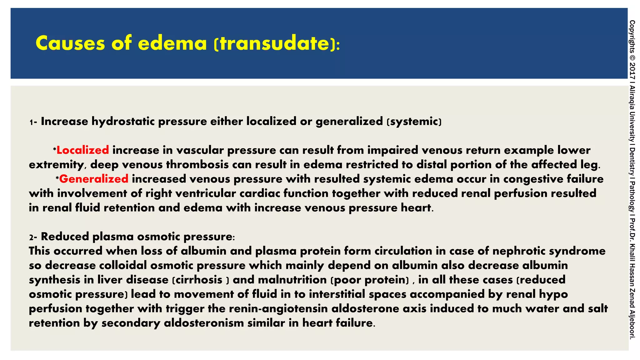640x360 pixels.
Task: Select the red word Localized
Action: (82, 150)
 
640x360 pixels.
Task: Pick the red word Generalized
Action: (94, 179)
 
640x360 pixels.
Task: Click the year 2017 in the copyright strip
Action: (632, 70)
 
